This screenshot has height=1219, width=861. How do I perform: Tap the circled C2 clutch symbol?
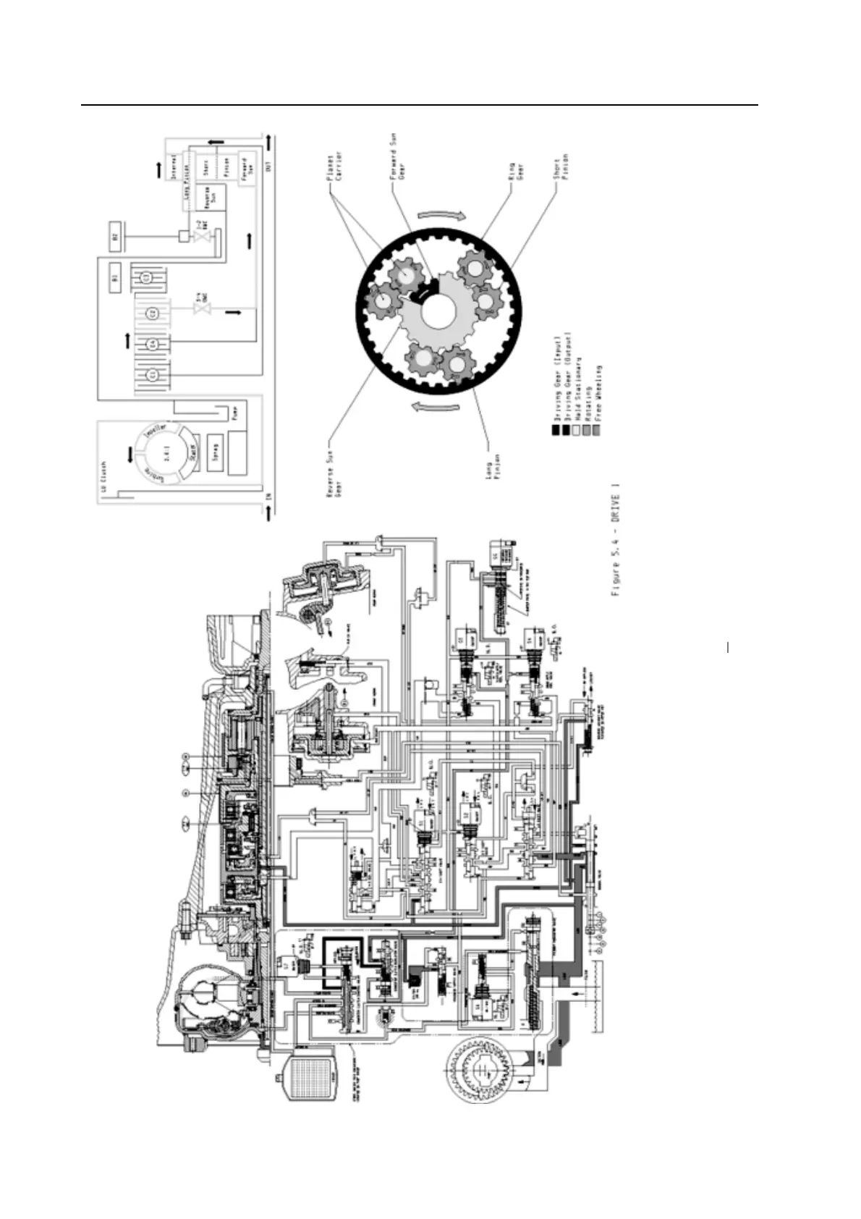coord(152,313)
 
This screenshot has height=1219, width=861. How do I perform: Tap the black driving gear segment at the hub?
coord(423,291)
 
